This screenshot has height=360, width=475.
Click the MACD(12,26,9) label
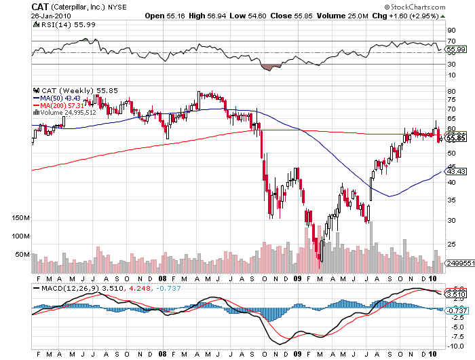click(x=61, y=288)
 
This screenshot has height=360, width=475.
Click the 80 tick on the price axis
click(x=451, y=90)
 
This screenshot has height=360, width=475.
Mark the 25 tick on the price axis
click(x=451, y=244)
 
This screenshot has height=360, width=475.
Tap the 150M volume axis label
click(x=20, y=218)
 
